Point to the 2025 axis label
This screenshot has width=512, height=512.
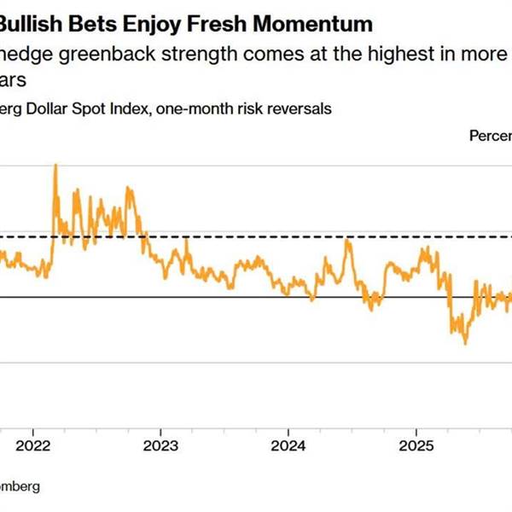point(416,445)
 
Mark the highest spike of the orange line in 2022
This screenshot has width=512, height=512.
point(55,165)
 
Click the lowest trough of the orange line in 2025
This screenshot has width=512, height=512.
point(465,343)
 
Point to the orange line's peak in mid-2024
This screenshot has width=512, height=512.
point(347,241)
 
